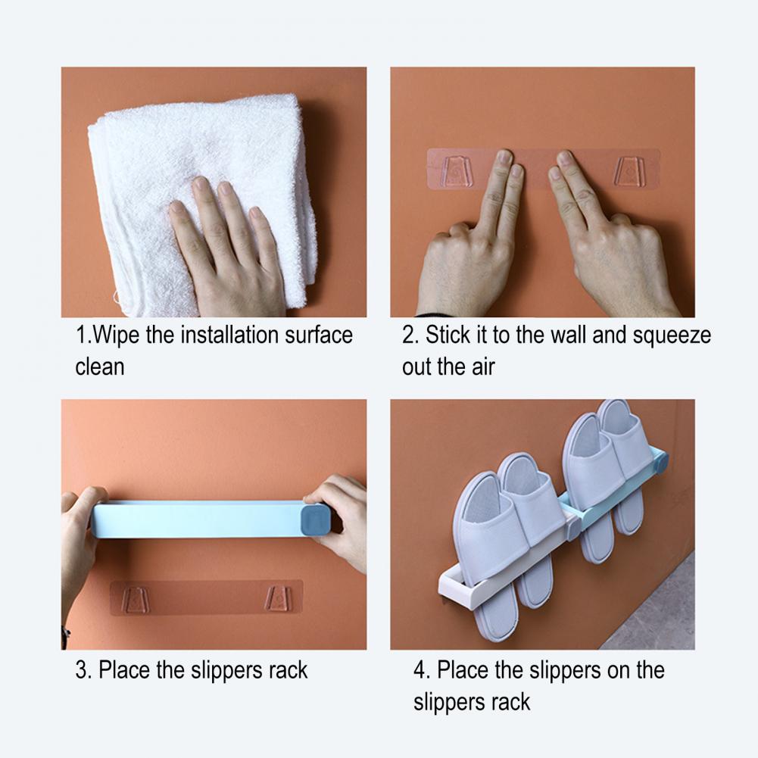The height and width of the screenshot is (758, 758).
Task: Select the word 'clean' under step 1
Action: pos(99,367)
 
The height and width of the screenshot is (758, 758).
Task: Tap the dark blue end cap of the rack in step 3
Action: pos(315,519)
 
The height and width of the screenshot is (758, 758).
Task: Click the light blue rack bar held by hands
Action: pos(197,519)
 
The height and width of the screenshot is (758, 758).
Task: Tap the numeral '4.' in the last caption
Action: pos(421,670)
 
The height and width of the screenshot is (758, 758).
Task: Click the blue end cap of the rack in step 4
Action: pos(660,458)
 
